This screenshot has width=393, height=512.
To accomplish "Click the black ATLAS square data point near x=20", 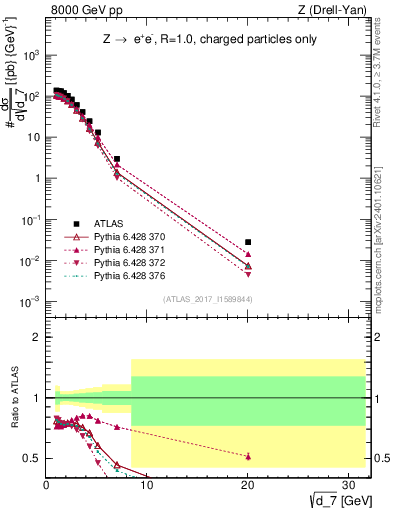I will pos(248,242).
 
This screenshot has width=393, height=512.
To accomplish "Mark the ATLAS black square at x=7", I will pos(117,159).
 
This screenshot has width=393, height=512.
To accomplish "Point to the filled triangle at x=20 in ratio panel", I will pos(248,456).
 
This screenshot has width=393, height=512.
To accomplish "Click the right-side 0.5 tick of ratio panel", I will pos(380,459).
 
